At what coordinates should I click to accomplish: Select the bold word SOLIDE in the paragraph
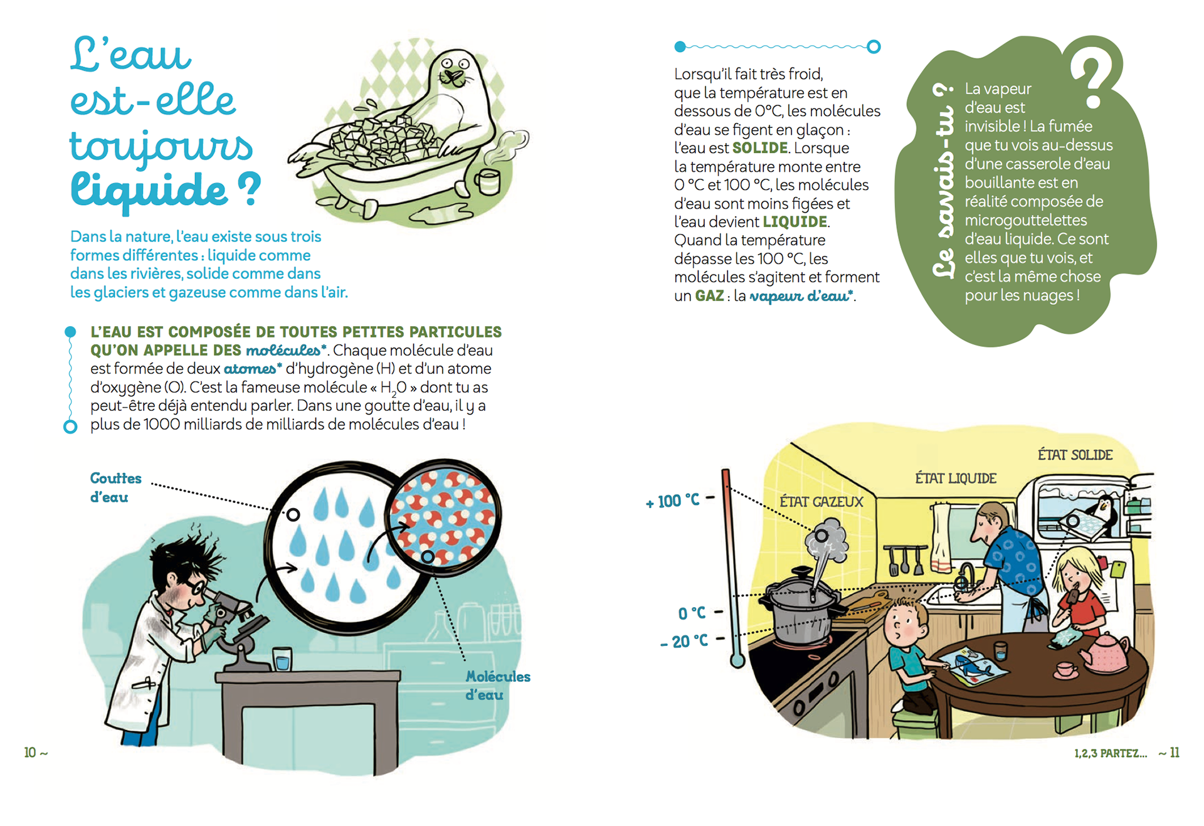(x=760, y=148)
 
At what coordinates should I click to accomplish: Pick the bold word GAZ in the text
(x=709, y=295)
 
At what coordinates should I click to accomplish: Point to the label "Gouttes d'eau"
(x=115, y=487)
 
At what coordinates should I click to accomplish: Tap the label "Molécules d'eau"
(x=498, y=686)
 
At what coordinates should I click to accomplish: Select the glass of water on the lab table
(x=282, y=659)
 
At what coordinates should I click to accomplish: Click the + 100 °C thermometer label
(x=673, y=500)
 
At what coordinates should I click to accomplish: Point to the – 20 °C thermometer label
(x=684, y=641)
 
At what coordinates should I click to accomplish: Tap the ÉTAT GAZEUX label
(x=821, y=502)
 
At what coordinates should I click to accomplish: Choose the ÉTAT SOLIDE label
(x=1075, y=455)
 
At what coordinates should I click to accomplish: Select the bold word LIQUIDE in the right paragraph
(x=795, y=222)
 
